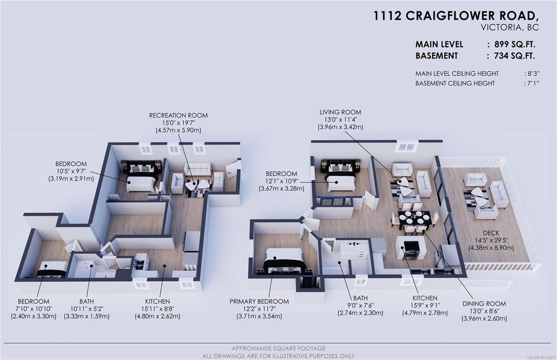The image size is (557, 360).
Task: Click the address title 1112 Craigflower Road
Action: pos(456,16)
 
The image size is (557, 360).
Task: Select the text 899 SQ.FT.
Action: pos(515,45)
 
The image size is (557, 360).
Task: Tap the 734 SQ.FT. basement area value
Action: pos(515,55)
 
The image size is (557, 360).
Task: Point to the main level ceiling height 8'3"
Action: pos(533,73)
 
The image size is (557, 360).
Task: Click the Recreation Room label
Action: pos(178,115)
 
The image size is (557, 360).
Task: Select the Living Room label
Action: pos(341,112)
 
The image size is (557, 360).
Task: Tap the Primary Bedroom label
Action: pos(259,301)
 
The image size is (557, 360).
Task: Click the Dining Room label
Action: pos(484,303)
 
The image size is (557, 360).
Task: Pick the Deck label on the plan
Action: pos(491,233)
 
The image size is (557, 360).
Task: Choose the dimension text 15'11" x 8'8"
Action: pos(157,309)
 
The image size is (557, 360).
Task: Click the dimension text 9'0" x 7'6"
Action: pos(360,305)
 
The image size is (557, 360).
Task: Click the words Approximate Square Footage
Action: pos(278,348)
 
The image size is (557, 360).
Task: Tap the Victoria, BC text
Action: pos(510,28)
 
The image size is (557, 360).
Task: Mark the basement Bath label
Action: pos(86,301)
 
